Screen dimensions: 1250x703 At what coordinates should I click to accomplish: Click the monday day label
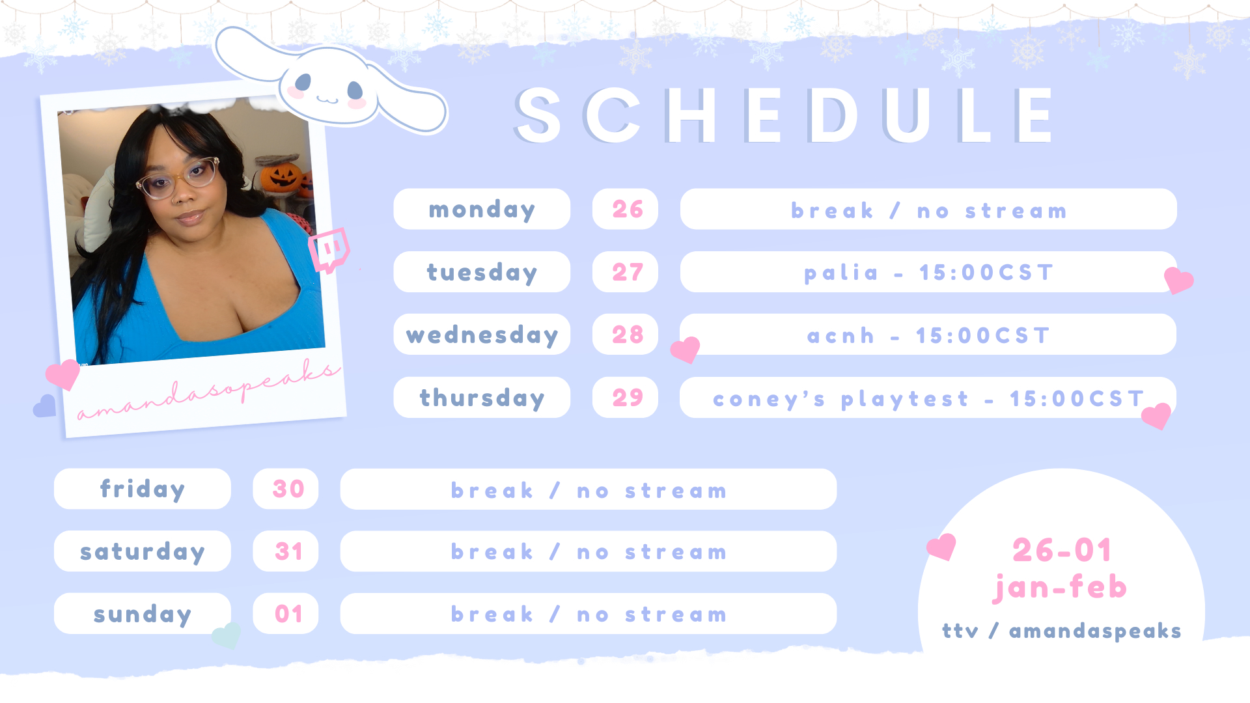(x=482, y=209)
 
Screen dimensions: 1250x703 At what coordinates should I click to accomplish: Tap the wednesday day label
(x=482, y=335)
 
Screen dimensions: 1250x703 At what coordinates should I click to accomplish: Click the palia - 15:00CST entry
(x=928, y=272)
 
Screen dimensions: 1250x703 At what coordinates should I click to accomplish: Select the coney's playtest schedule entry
(x=928, y=398)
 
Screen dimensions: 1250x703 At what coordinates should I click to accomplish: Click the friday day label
(x=143, y=489)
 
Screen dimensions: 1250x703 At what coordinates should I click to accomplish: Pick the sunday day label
(x=143, y=614)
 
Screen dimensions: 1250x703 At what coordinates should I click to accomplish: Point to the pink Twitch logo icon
(x=329, y=250)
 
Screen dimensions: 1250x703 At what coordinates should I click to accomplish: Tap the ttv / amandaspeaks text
(x=1061, y=631)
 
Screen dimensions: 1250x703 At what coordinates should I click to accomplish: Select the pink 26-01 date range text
(x=1061, y=551)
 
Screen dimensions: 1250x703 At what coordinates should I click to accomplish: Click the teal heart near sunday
(x=227, y=635)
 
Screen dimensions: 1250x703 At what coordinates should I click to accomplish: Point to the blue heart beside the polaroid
(x=44, y=406)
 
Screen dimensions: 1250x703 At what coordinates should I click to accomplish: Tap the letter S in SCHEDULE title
(x=538, y=116)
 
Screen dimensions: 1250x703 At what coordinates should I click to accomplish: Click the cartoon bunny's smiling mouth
(x=327, y=100)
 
